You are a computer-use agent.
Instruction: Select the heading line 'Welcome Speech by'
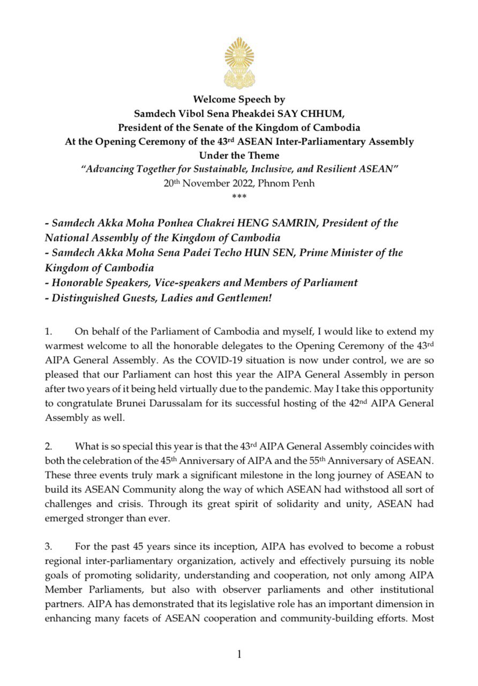(239, 100)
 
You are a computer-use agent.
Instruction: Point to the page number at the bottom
(239, 653)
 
